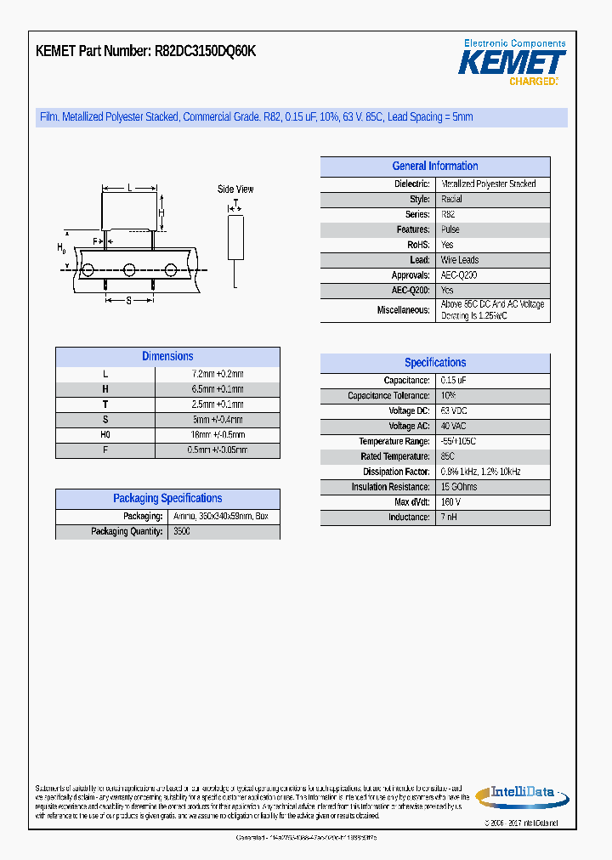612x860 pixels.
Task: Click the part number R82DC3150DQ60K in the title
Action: tap(205, 51)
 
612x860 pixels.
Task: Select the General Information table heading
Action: tap(434, 167)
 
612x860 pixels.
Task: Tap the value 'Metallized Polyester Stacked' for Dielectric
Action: tap(488, 184)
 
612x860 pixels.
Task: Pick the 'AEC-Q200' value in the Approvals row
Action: tap(459, 275)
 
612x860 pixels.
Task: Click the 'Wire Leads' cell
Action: tap(460, 260)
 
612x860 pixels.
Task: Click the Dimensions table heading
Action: tap(167, 357)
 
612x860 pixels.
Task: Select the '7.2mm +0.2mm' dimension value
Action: tap(218, 374)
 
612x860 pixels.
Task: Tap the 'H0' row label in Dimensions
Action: tap(105, 435)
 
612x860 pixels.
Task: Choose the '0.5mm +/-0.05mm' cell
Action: tap(218, 450)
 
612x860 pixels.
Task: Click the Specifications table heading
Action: tap(435, 363)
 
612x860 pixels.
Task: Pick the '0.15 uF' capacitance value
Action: tap(454, 381)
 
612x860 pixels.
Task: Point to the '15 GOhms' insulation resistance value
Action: tap(459, 487)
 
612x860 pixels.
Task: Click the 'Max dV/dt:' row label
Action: tap(408, 502)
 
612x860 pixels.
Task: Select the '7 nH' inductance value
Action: tap(450, 518)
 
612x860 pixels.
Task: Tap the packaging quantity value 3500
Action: tap(182, 532)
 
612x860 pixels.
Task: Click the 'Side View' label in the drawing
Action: tap(235, 190)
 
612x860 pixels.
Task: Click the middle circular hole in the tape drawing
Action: tap(129, 270)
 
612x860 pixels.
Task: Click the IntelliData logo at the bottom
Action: tap(518, 795)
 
